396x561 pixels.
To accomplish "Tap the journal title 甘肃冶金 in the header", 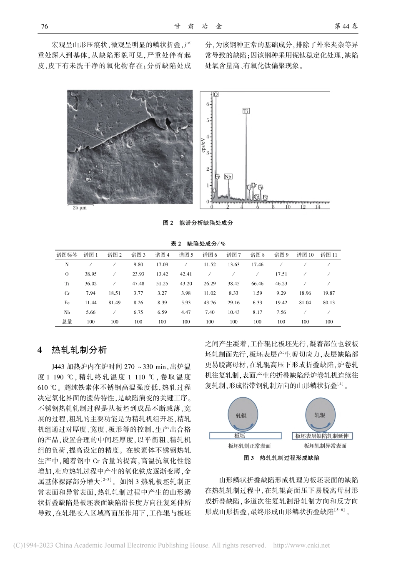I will tap(198, 26).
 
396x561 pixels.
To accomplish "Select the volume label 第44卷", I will tap(346, 26).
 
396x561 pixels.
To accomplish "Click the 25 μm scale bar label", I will tap(80, 207).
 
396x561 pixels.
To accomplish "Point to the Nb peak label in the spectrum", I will tap(228, 177).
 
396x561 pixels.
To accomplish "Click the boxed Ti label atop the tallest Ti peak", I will tap(246, 111).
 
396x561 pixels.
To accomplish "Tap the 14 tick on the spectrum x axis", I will tap(317, 207).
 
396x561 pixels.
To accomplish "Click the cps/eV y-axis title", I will tap(204, 147).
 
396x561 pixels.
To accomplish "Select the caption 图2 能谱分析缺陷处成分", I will tap(198, 223).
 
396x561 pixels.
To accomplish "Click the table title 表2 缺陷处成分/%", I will tap(198, 243).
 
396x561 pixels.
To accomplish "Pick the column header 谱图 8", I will tap(257, 255).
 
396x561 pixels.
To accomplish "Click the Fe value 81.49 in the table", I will tap(115, 303).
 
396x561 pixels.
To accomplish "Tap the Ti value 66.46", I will tap(257, 283).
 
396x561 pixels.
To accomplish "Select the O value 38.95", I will tap(90, 274).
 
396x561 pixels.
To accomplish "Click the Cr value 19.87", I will tap(328, 293).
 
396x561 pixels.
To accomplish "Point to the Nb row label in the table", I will tap(67, 312).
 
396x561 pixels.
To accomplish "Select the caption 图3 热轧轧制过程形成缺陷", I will tap(282, 458).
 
